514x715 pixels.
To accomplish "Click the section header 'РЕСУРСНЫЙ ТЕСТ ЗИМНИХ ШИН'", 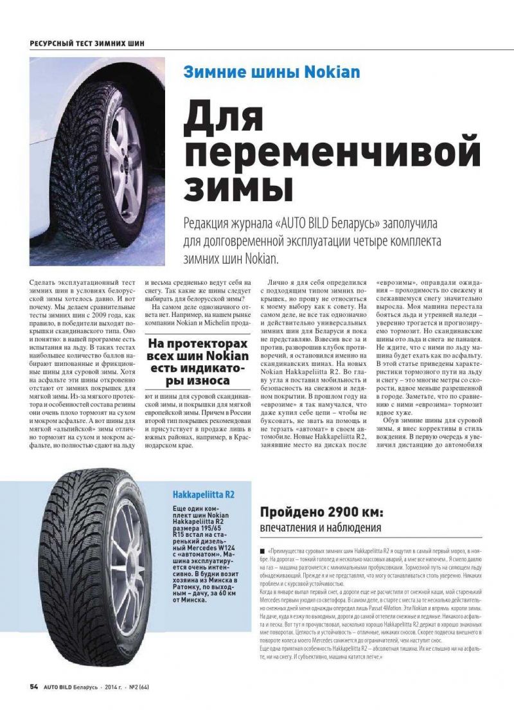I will (87, 43).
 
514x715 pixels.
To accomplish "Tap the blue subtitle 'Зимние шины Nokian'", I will (271, 72).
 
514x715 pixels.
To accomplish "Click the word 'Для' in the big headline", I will (224, 115).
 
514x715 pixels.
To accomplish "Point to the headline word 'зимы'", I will (238, 187).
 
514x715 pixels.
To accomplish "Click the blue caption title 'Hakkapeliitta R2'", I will (203, 494).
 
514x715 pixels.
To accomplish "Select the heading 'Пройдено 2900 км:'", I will (321, 512).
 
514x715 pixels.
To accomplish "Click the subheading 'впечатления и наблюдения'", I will (321, 528).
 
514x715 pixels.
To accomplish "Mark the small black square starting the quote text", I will (262, 552).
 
